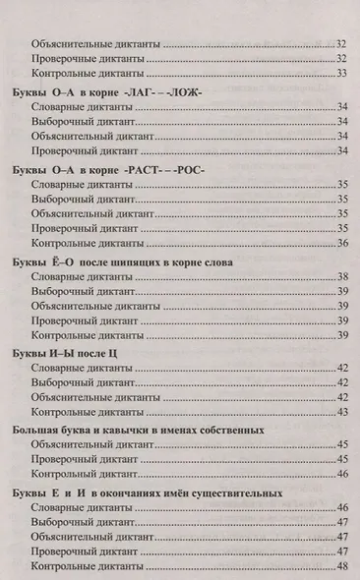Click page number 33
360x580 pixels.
point(342,74)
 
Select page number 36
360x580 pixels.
point(342,243)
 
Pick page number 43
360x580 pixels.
point(342,412)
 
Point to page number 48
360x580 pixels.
point(342,568)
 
